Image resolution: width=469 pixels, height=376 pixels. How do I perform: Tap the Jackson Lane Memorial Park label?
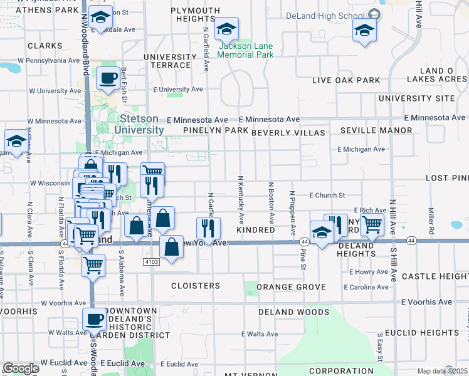tap(246, 50)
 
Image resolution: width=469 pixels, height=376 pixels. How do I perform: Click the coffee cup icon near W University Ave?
tap(108, 78)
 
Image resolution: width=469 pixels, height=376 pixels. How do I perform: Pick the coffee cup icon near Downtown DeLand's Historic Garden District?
tap(94, 319)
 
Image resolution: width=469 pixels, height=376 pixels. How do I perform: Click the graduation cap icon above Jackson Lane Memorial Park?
tap(226, 29)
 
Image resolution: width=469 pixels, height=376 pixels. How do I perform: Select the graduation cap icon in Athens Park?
tap(100, 16)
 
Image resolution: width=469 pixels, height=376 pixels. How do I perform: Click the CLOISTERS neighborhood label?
tap(196, 286)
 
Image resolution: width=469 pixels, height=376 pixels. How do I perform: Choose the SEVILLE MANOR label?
tap(376, 130)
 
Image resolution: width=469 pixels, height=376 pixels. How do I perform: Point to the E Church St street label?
tap(327, 196)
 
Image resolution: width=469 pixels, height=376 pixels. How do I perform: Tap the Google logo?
tap(21, 368)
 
